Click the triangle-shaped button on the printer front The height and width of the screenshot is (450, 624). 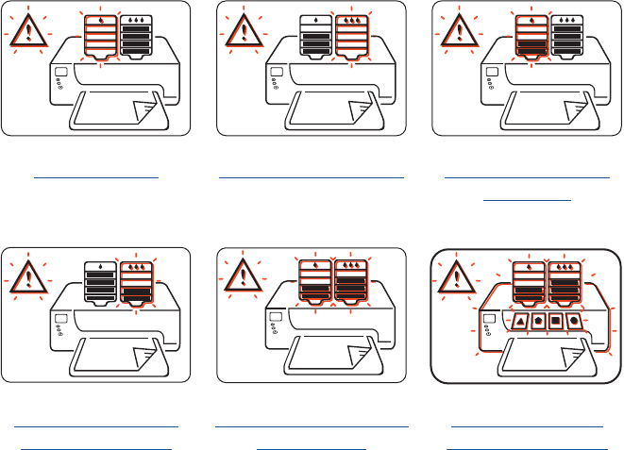point(519,321)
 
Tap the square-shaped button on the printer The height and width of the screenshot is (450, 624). point(556,321)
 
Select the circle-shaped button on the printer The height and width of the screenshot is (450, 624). point(574,321)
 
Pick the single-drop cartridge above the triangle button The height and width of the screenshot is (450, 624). point(529,282)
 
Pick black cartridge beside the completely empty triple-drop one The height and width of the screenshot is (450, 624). point(316,39)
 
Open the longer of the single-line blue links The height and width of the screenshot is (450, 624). point(312,175)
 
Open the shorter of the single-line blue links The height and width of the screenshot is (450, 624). point(94,175)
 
